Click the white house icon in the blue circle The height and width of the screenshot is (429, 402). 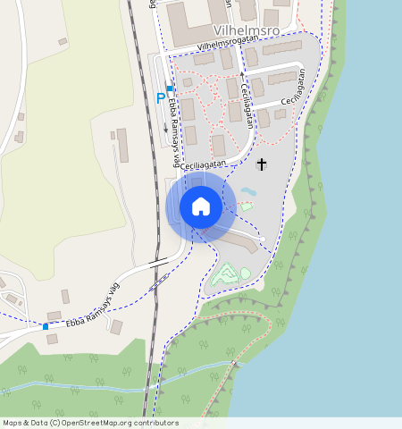(201, 207)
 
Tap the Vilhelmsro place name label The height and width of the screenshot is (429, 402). (247, 29)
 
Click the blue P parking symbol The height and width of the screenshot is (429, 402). (161, 98)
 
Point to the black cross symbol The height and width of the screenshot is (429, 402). (262, 164)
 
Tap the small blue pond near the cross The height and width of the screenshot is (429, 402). (247, 191)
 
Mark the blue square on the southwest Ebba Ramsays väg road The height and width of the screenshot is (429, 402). (46, 326)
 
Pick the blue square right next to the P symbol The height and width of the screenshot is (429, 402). (170, 88)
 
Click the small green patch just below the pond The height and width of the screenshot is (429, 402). (247, 206)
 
